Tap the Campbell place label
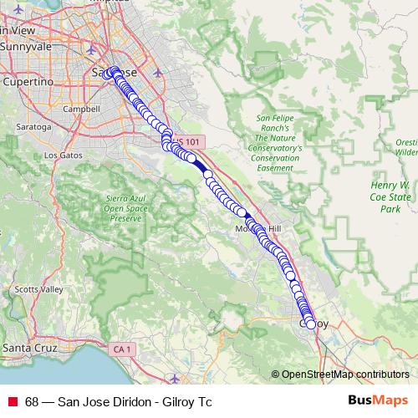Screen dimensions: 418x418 [x=86, y=109]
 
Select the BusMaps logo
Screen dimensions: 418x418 [x=375, y=400]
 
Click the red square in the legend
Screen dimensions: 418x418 [x=12, y=401]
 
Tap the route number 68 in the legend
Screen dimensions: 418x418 [x=32, y=401]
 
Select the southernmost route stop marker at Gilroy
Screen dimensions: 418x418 [x=311, y=324]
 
